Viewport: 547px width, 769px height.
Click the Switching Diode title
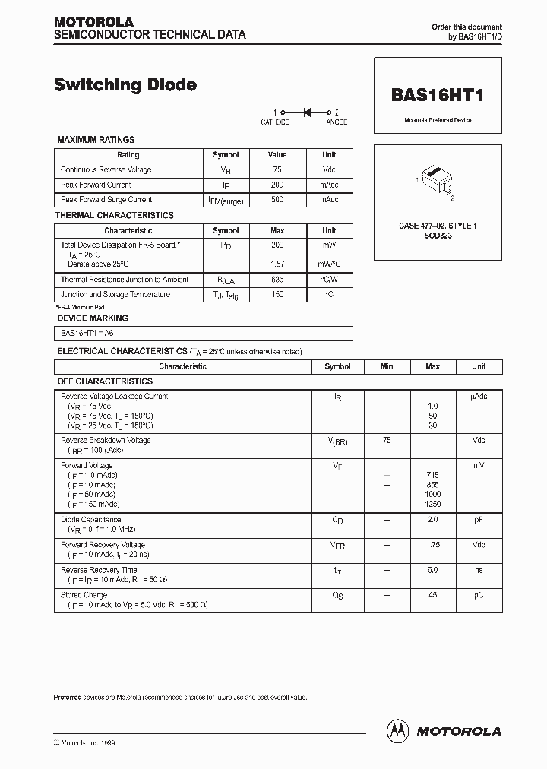pos(125,85)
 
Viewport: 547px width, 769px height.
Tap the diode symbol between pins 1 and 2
pos(308,112)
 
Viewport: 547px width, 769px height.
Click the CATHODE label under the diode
pos(275,122)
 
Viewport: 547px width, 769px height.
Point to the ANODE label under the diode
pos(337,122)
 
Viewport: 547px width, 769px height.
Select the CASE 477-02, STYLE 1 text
pos(438,226)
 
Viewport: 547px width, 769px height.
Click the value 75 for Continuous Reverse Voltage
pos(277,170)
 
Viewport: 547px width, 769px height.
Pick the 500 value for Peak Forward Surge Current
pos(277,199)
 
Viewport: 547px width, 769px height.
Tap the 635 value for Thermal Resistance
pos(277,280)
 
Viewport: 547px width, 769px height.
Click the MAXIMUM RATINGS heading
pos(96,140)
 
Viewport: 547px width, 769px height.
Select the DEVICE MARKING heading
pos(93,318)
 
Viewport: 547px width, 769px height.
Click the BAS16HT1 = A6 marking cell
pos(87,333)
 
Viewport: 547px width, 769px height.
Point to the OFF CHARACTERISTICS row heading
pos(105,381)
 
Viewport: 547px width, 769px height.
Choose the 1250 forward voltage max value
pos(432,504)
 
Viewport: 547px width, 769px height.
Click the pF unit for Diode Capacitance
pos(478,520)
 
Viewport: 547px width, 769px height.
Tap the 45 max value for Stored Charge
pos(432,595)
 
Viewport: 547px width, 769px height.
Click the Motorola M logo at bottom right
pos(397,730)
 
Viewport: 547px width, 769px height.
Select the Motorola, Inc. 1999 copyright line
pos(85,742)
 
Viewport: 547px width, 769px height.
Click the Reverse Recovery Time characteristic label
pos(99,570)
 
